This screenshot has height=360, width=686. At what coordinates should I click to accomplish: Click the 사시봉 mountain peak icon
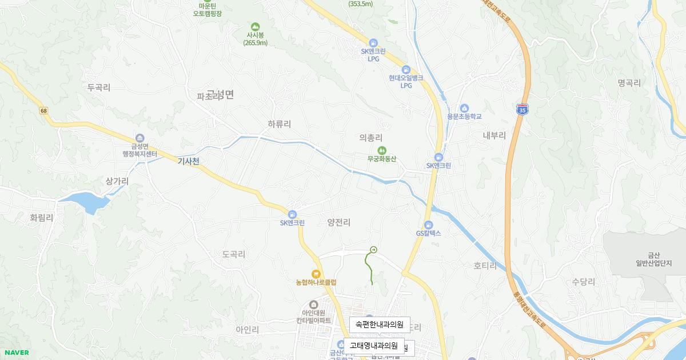[255, 26]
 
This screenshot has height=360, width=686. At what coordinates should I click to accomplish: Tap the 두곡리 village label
[99, 88]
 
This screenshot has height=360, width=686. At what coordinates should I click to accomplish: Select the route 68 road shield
[44, 110]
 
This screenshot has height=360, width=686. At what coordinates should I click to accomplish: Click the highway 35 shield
[521, 109]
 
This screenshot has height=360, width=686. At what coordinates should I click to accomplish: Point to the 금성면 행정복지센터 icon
[140, 137]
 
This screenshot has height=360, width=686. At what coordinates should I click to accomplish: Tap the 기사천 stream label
[188, 162]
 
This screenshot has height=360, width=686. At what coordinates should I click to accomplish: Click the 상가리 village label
[117, 181]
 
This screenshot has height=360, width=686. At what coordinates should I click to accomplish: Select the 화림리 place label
[42, 218]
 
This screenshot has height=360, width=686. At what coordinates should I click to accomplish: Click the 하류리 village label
[280, 124]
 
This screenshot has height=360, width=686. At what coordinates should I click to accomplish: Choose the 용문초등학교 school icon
[464, 108]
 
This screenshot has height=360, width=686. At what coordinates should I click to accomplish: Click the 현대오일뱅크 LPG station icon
[406, 70]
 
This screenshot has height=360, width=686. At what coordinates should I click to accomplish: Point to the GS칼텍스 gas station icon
[428, 225]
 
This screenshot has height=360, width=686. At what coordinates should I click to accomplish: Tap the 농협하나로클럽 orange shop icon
[316, 274]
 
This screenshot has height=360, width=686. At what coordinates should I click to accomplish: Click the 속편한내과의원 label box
[380, 325]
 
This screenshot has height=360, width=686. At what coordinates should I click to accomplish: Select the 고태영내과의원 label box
[373, 346]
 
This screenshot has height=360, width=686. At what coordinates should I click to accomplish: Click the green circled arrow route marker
[374, 249]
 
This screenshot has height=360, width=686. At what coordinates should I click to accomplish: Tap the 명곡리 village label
[629, 83]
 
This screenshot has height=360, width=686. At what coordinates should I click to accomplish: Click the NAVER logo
[16, 353]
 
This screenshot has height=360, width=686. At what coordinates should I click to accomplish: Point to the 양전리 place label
[339, 222]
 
